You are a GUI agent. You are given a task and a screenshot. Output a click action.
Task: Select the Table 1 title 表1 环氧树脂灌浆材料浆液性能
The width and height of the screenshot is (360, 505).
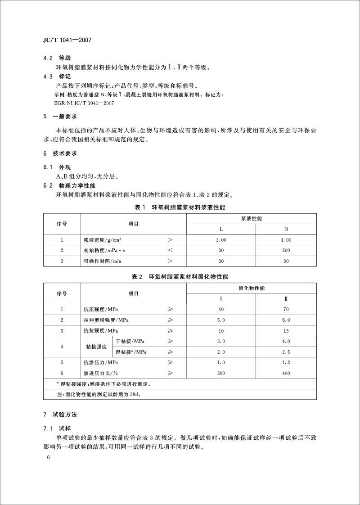pos(180,207)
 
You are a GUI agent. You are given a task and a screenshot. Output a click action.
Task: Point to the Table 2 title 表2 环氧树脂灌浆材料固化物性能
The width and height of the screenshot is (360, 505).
pos(180,276)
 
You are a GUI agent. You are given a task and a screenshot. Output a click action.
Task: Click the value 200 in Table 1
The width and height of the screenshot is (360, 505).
pos(286,250)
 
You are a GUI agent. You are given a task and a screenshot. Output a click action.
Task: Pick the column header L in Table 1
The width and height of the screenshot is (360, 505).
pos(220,229)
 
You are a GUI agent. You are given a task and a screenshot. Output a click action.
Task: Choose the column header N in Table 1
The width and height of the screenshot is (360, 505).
pos(286,229)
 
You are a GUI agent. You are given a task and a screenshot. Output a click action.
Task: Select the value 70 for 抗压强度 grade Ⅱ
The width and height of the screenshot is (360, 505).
pos(286,309)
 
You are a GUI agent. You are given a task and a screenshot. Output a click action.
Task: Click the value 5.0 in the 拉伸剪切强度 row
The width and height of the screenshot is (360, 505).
pos(220,320)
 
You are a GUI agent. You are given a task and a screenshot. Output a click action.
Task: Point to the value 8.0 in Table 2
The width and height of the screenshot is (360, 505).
pos(286,320)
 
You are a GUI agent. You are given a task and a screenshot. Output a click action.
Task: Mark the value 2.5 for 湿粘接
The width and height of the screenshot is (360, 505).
pos(286,351)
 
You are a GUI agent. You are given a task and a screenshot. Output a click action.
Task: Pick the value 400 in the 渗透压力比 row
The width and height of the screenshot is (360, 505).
pos(286,373)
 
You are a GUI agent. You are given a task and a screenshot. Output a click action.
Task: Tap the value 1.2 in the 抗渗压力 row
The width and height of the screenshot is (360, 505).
pos(286,362)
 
